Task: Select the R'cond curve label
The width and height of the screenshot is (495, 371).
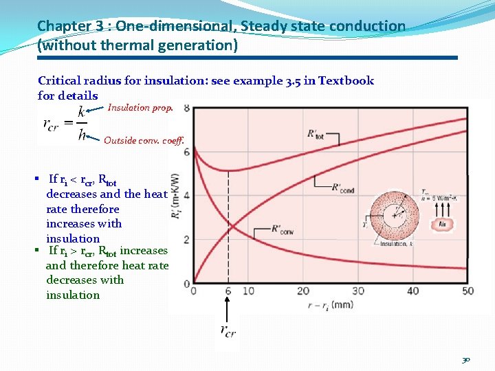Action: pyautogui.click(x=343, y=187)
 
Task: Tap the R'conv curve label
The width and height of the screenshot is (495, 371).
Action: pyautogui.click(x=283, y=230)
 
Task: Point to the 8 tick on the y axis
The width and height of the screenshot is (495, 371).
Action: pyautogui.click(x=187, y=109)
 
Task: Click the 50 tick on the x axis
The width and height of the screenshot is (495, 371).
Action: pyautogui.click(x=468, y=291)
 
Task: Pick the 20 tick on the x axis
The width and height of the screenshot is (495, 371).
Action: pyautogui.click(x=303, y=291)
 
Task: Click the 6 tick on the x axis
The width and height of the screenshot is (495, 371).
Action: pyautogui.click(x=228, y=291)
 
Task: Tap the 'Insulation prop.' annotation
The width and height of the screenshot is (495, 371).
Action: pyautogui.click(x=141, y=108)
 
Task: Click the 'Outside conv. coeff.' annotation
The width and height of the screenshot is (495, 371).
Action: pyautogui.click(x=144, y=141)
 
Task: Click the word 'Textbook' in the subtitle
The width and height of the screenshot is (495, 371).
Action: pyautogui.click(x=343, y=80)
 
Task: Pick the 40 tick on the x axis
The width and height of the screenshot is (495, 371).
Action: pyautogui.click(x=412, y=291)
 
